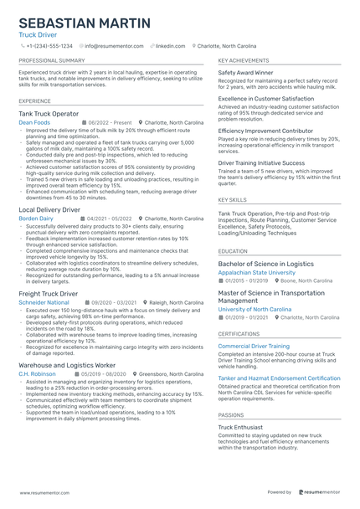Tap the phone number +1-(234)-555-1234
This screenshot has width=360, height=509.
[x=49, y=46]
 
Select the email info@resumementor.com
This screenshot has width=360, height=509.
[x=116, y=46]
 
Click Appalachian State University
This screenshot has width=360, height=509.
[x=256, y=272]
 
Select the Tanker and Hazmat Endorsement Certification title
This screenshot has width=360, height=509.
[x=279, y=378]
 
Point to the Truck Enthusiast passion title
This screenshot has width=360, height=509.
[x=242, y=426]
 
